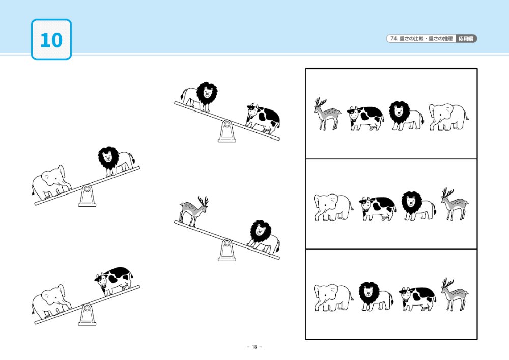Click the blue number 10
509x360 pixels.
point(51,40)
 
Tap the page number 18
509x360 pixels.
point(254,347)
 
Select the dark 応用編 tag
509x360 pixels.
point(466,39)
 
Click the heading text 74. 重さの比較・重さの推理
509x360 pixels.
point(421,39)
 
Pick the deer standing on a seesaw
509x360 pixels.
point(194,211)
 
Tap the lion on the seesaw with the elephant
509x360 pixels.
point(116,161)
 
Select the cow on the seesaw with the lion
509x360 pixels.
point(263,119)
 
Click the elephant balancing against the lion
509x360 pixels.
point(51,182)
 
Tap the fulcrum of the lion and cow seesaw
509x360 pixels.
point(227,131)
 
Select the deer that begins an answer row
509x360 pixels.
point(327,114)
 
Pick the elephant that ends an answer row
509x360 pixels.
point(448,117)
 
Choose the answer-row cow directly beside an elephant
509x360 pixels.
point(378,209)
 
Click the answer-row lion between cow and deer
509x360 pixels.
point(419,206)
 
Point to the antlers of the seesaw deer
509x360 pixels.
point(203,201)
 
